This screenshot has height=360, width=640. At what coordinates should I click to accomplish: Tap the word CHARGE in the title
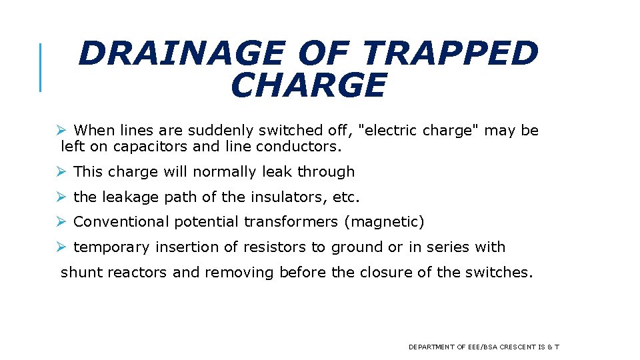click(308, 85)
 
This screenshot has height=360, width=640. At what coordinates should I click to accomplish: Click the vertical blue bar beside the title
click(41, 67)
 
